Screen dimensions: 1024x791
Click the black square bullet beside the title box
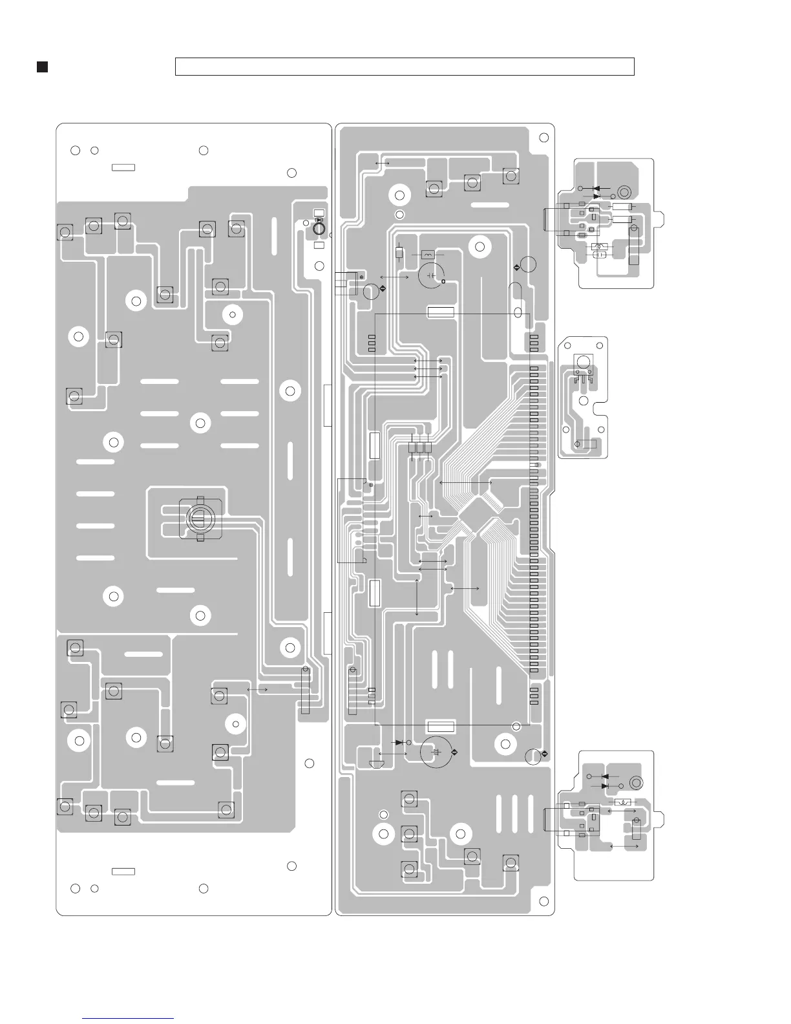[42, 67]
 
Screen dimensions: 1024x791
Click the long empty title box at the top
[405, 67]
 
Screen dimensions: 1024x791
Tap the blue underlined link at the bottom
[129, 1018]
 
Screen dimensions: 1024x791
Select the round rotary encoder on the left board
[200, 517]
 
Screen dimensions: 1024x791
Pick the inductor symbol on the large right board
[428, 254]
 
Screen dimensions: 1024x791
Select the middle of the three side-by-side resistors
[421, 447]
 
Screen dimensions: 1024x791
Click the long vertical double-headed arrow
[417, 597]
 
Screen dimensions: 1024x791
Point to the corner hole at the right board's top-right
[543, 137]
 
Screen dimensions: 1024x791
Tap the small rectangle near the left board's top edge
[123, 167]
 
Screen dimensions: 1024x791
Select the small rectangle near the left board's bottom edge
[123, 871]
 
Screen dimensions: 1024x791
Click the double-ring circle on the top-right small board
[624, 192]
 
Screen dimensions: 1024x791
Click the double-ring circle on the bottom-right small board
[636, 783]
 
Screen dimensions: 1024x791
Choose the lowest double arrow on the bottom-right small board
[624, 846]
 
